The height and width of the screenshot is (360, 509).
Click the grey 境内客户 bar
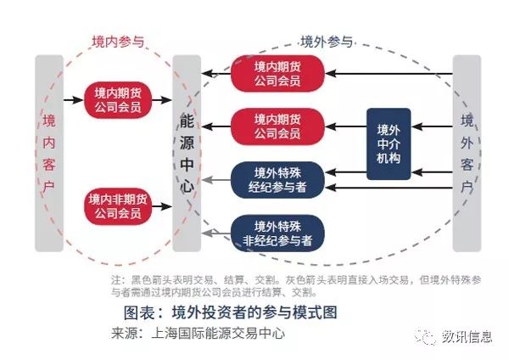pos(49,154)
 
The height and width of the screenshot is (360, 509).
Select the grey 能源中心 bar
pos(187,154)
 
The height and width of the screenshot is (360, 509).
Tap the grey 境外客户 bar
pos(467,154)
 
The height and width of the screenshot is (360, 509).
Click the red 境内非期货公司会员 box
pos(118,206)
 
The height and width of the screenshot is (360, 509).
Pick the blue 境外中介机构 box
pos(389,144)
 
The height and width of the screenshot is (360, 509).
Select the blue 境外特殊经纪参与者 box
pos(277,180)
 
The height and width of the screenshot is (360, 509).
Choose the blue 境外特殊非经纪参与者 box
pos(277,233)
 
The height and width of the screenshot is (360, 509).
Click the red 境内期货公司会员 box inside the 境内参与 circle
pos(118,99)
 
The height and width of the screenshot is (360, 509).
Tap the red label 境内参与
pos(118,42)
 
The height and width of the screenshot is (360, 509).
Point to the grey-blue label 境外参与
pos(327,42)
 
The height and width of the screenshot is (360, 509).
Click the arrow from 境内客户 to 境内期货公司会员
pos(74,99)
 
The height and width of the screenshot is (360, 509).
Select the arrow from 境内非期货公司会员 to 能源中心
pos(162,206)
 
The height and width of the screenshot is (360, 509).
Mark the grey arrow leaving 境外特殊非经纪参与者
pos(215,233)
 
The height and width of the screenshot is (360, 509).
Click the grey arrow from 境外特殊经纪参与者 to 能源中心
pos(215,179)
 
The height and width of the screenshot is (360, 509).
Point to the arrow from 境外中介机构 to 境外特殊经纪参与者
pos(346,172)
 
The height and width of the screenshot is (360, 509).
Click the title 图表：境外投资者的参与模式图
pos(230,312)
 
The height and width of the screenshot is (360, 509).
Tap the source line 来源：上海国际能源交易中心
pos(198,334)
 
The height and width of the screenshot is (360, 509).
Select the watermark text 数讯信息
pos(467,336)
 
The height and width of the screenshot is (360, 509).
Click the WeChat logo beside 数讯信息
pos(426,336)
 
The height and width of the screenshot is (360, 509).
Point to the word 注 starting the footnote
pos(116,279)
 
